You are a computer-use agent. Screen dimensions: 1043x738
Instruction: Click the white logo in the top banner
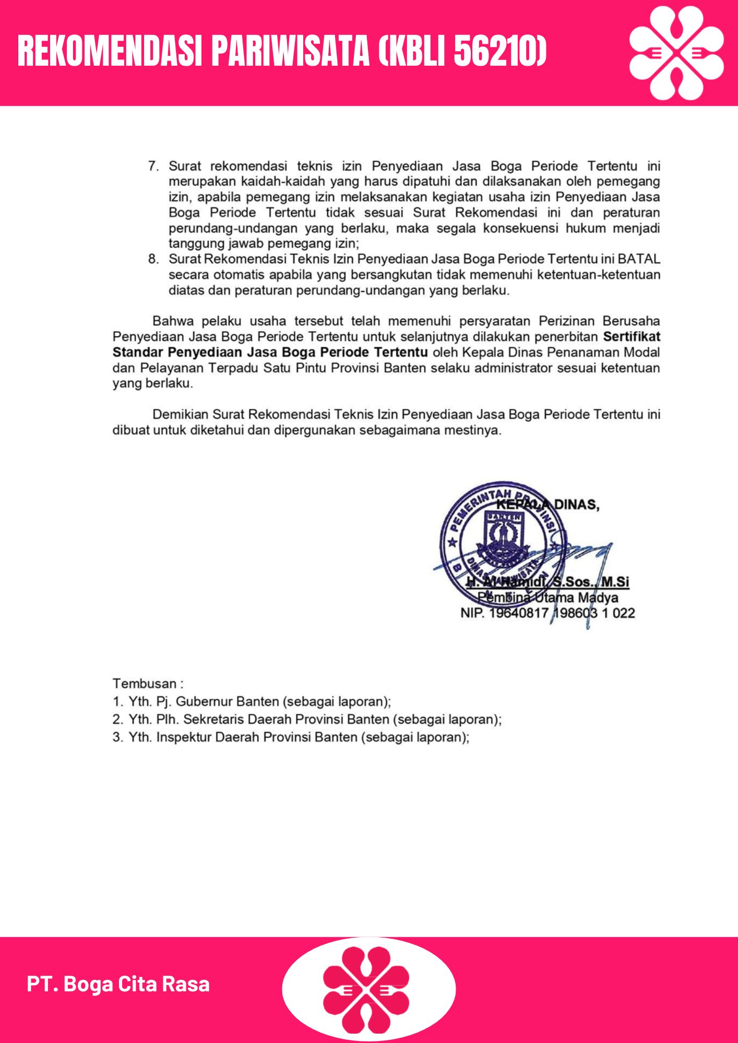tap(676, 53)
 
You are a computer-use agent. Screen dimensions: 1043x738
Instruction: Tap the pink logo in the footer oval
tap(366, 989)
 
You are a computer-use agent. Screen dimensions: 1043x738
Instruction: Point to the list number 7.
tap(153, 166)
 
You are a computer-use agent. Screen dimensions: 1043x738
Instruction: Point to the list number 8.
tap(153, 259)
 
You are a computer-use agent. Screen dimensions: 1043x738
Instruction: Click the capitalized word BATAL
tap(639, 259)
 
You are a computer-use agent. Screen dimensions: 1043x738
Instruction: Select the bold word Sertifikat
tap(632, 337)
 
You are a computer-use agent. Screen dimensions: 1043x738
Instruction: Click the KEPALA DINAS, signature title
tap(547, 505)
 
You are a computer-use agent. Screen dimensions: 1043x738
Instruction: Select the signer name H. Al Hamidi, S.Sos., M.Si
tap(547, 582)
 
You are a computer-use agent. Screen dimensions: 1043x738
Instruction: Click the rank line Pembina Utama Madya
tap(547, 598)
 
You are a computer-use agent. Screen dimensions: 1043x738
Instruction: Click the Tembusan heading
tap(148, 684)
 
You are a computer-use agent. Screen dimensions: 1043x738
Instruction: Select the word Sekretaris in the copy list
tap(213, 719)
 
